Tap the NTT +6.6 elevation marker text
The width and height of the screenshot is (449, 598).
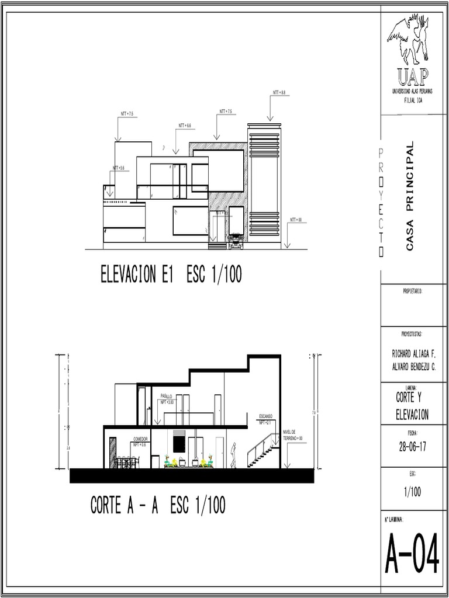click(185, 126)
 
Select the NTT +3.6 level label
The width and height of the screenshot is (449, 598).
click(119, 168)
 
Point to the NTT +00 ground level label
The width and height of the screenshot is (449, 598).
click(296, 220)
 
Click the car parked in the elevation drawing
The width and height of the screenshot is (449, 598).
click(236, 241)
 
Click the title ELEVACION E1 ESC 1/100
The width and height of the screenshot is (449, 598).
click(171, 274)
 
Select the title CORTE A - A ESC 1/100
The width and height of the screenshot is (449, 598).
click(158, 505)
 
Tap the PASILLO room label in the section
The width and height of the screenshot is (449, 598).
click(166, 396)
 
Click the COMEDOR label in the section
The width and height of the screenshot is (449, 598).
click(140, 439)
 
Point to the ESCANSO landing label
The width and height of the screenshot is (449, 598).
click(265, 416)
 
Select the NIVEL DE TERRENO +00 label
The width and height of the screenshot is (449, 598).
click(292, 434)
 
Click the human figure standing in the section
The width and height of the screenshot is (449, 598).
click(233, 456)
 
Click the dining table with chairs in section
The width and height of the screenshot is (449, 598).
click(126, 462)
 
